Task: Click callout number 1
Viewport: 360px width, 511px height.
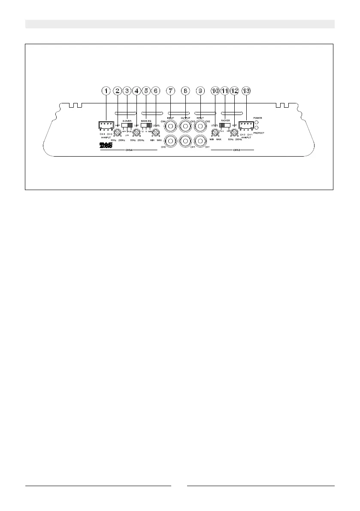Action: tap(106, 91)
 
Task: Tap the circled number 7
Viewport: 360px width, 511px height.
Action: tap(171, 91)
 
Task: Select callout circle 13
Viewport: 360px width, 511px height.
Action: tap(246, 91)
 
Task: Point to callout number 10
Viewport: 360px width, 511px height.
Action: tap(215, 91)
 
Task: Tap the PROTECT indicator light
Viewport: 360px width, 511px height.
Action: tap(256, 127)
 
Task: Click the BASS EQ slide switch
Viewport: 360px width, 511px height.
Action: tap(147, 125)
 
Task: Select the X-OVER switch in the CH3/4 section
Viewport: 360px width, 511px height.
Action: tap(127, 125)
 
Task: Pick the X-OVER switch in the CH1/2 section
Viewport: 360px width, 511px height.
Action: tap(225, 125)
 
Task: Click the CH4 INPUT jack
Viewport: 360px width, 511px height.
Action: tap(171, 126)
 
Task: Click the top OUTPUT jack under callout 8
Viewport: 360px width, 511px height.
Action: tap(185, 126)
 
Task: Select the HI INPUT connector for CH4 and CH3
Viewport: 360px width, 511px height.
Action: tap(106, 125)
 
